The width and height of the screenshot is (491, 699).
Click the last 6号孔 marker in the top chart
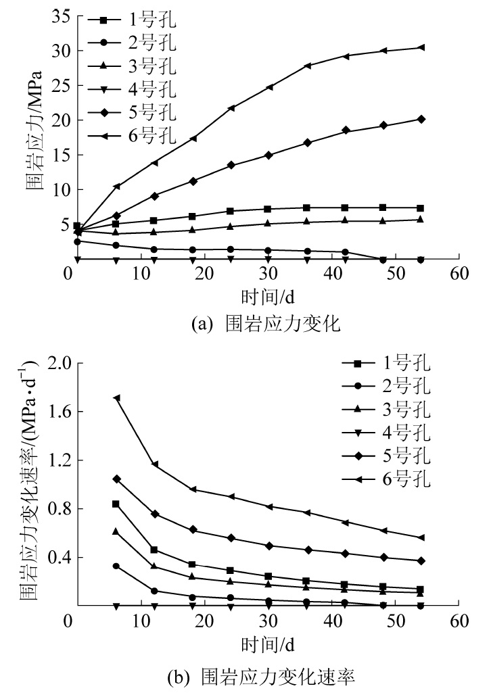(421, 47)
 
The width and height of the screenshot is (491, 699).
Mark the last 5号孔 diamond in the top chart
(421, 119)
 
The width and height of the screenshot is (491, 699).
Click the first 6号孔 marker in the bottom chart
(116, 398)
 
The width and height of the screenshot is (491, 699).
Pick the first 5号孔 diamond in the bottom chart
(116, 479)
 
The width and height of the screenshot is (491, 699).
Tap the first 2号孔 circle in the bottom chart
(116, 566)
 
